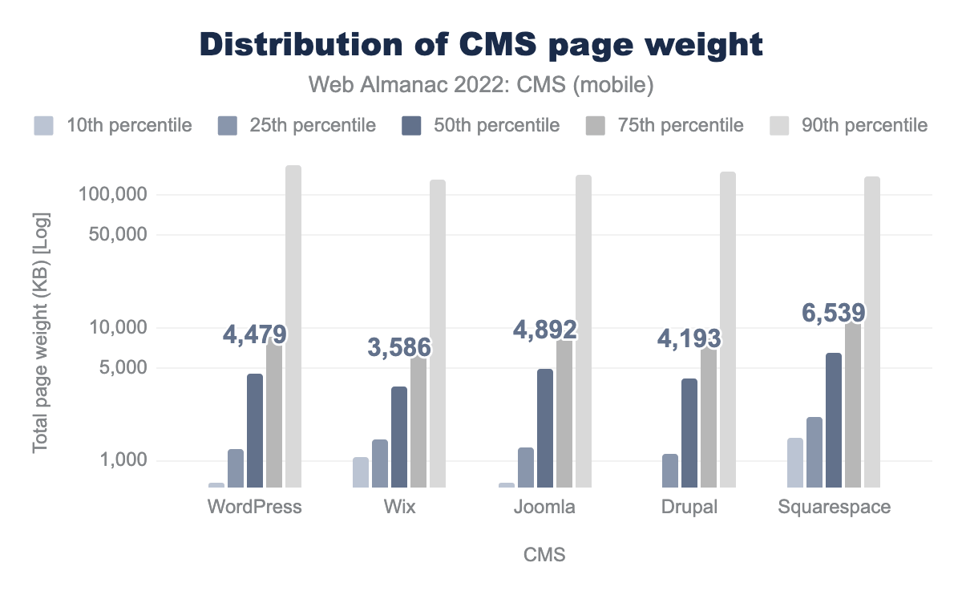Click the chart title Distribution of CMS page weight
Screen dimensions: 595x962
(481, 45)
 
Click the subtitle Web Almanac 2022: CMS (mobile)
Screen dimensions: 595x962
(481, 83)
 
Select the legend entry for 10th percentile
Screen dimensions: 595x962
(113, 125)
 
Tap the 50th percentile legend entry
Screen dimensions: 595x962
(479, 125)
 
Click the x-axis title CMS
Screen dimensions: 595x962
(544, 555)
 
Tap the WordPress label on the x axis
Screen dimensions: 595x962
(254, 508)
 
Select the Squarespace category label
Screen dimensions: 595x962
(834, 508)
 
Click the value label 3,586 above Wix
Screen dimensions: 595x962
(399, 347)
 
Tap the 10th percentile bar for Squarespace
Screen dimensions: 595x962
(795, 463)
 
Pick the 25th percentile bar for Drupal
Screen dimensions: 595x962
(670, 471)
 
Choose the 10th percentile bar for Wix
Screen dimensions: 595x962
(361, 472)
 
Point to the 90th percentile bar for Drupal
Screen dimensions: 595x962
(728, 329)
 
